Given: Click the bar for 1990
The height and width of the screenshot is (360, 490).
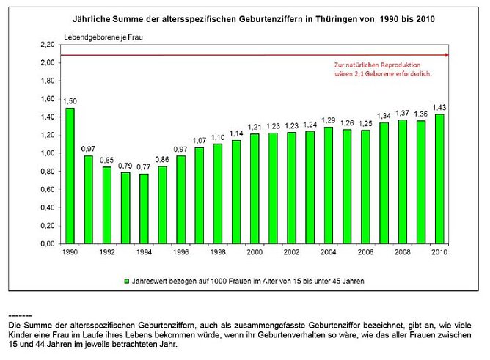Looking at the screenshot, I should pyautogui.click(x=70, y=176).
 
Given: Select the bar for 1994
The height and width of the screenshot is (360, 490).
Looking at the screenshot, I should pyautogui.click(x=144, y=209).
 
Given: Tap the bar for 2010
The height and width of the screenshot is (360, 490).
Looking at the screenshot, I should pyautogui.click(x=439, y=179).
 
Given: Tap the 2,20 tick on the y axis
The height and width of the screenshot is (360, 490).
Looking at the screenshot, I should pyautogui.click(x=48, y=45).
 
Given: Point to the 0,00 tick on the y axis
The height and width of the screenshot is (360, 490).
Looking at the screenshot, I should pyautogui.click(x=48, y=244).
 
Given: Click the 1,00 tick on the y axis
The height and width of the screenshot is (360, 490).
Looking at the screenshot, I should pyautogui.click(x=48, y=153).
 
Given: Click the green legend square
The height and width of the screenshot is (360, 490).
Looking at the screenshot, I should pyautogui.click(x=127, y=280).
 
